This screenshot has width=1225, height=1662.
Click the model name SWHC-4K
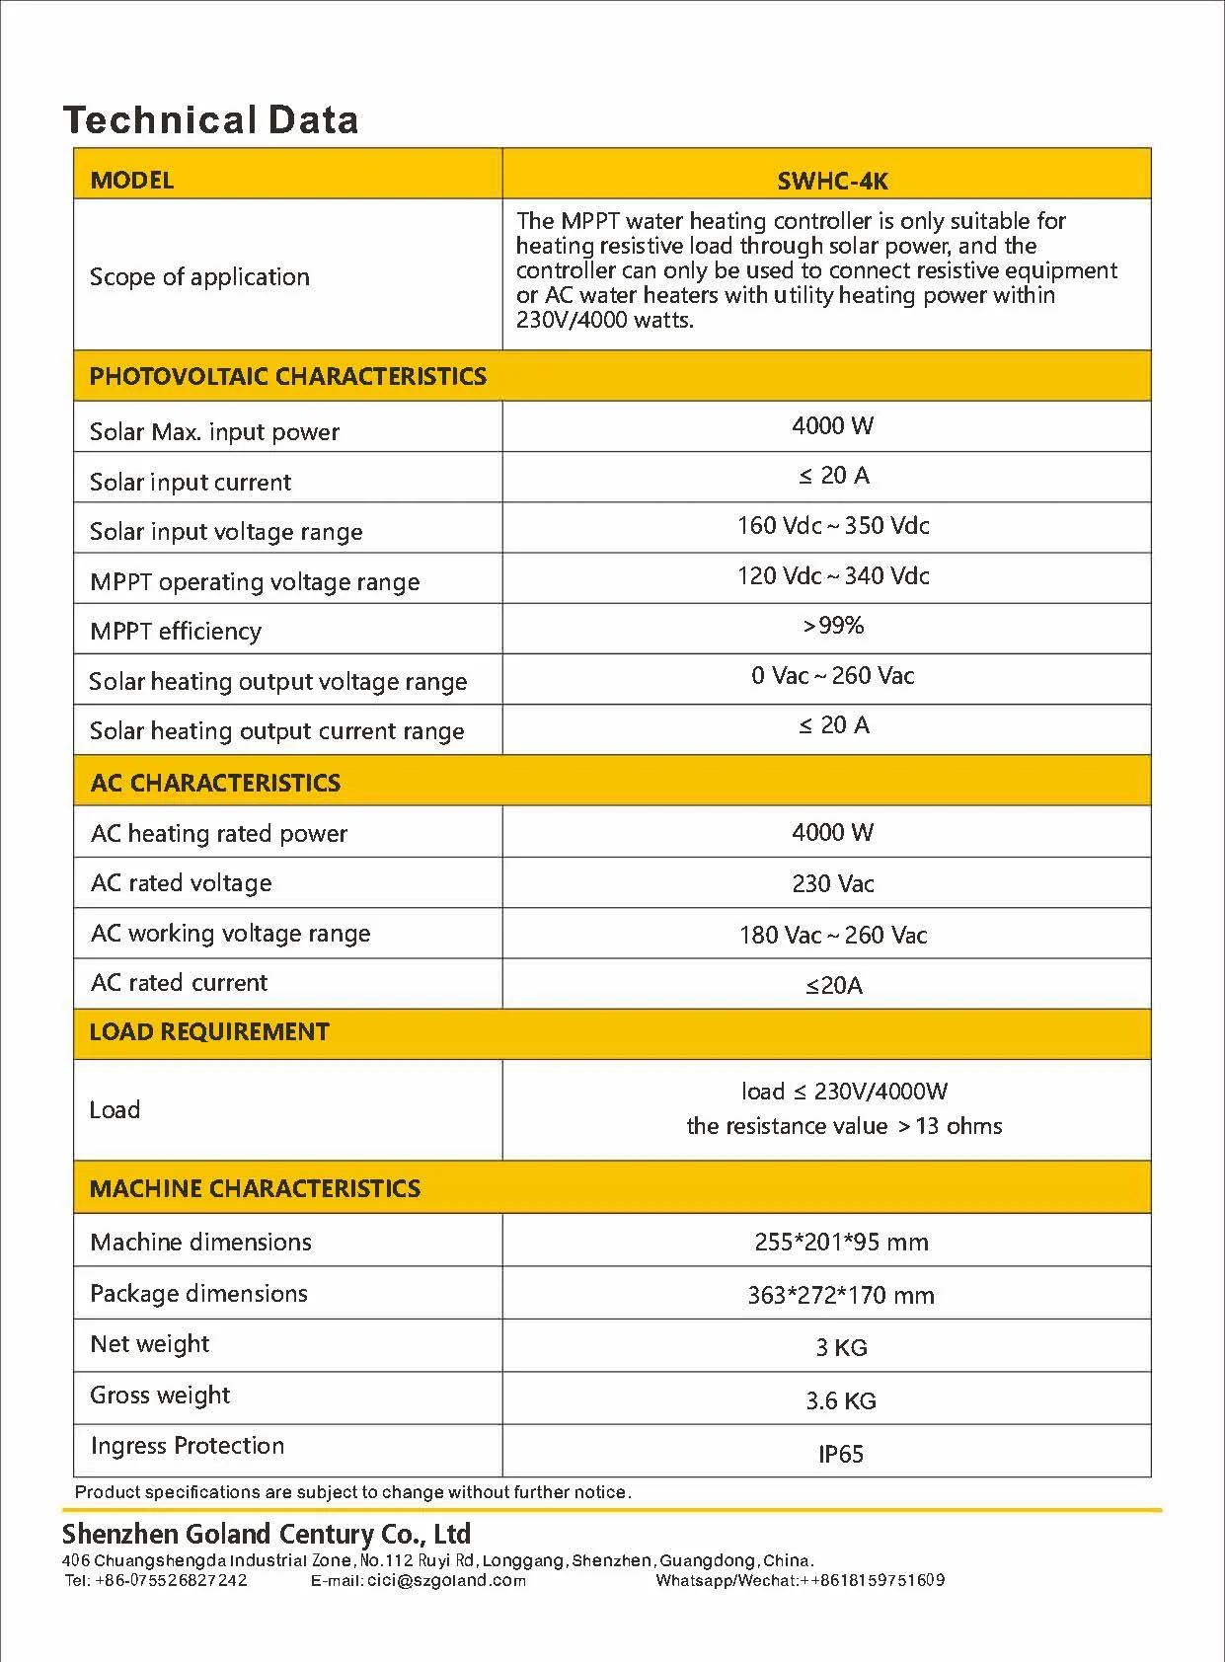832,182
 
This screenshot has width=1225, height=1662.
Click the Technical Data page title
210,120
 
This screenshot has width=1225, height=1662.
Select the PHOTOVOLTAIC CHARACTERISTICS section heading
287,376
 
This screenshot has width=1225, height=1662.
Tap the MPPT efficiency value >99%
833,626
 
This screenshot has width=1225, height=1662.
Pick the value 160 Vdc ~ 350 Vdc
833,526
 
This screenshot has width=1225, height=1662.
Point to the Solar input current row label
191,483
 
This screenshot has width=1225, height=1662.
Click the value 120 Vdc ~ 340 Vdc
833,576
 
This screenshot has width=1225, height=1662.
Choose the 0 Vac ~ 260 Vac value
833,676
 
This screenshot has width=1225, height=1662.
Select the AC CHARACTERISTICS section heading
215,784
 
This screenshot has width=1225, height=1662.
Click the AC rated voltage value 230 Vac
833,884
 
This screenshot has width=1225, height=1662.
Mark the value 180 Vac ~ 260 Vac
833,936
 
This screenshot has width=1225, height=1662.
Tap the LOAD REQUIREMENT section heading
209,1032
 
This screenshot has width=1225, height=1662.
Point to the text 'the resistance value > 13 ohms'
844,1127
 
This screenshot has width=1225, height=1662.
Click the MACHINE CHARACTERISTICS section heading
255,1189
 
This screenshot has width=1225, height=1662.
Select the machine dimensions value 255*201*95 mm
841,1243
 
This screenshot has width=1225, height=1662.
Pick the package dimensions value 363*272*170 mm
841,1295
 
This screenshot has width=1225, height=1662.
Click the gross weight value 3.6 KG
841,1401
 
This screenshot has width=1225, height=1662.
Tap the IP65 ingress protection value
841,1455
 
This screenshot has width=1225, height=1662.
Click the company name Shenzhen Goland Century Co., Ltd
267,1535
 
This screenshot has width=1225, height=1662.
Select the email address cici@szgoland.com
446,1581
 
